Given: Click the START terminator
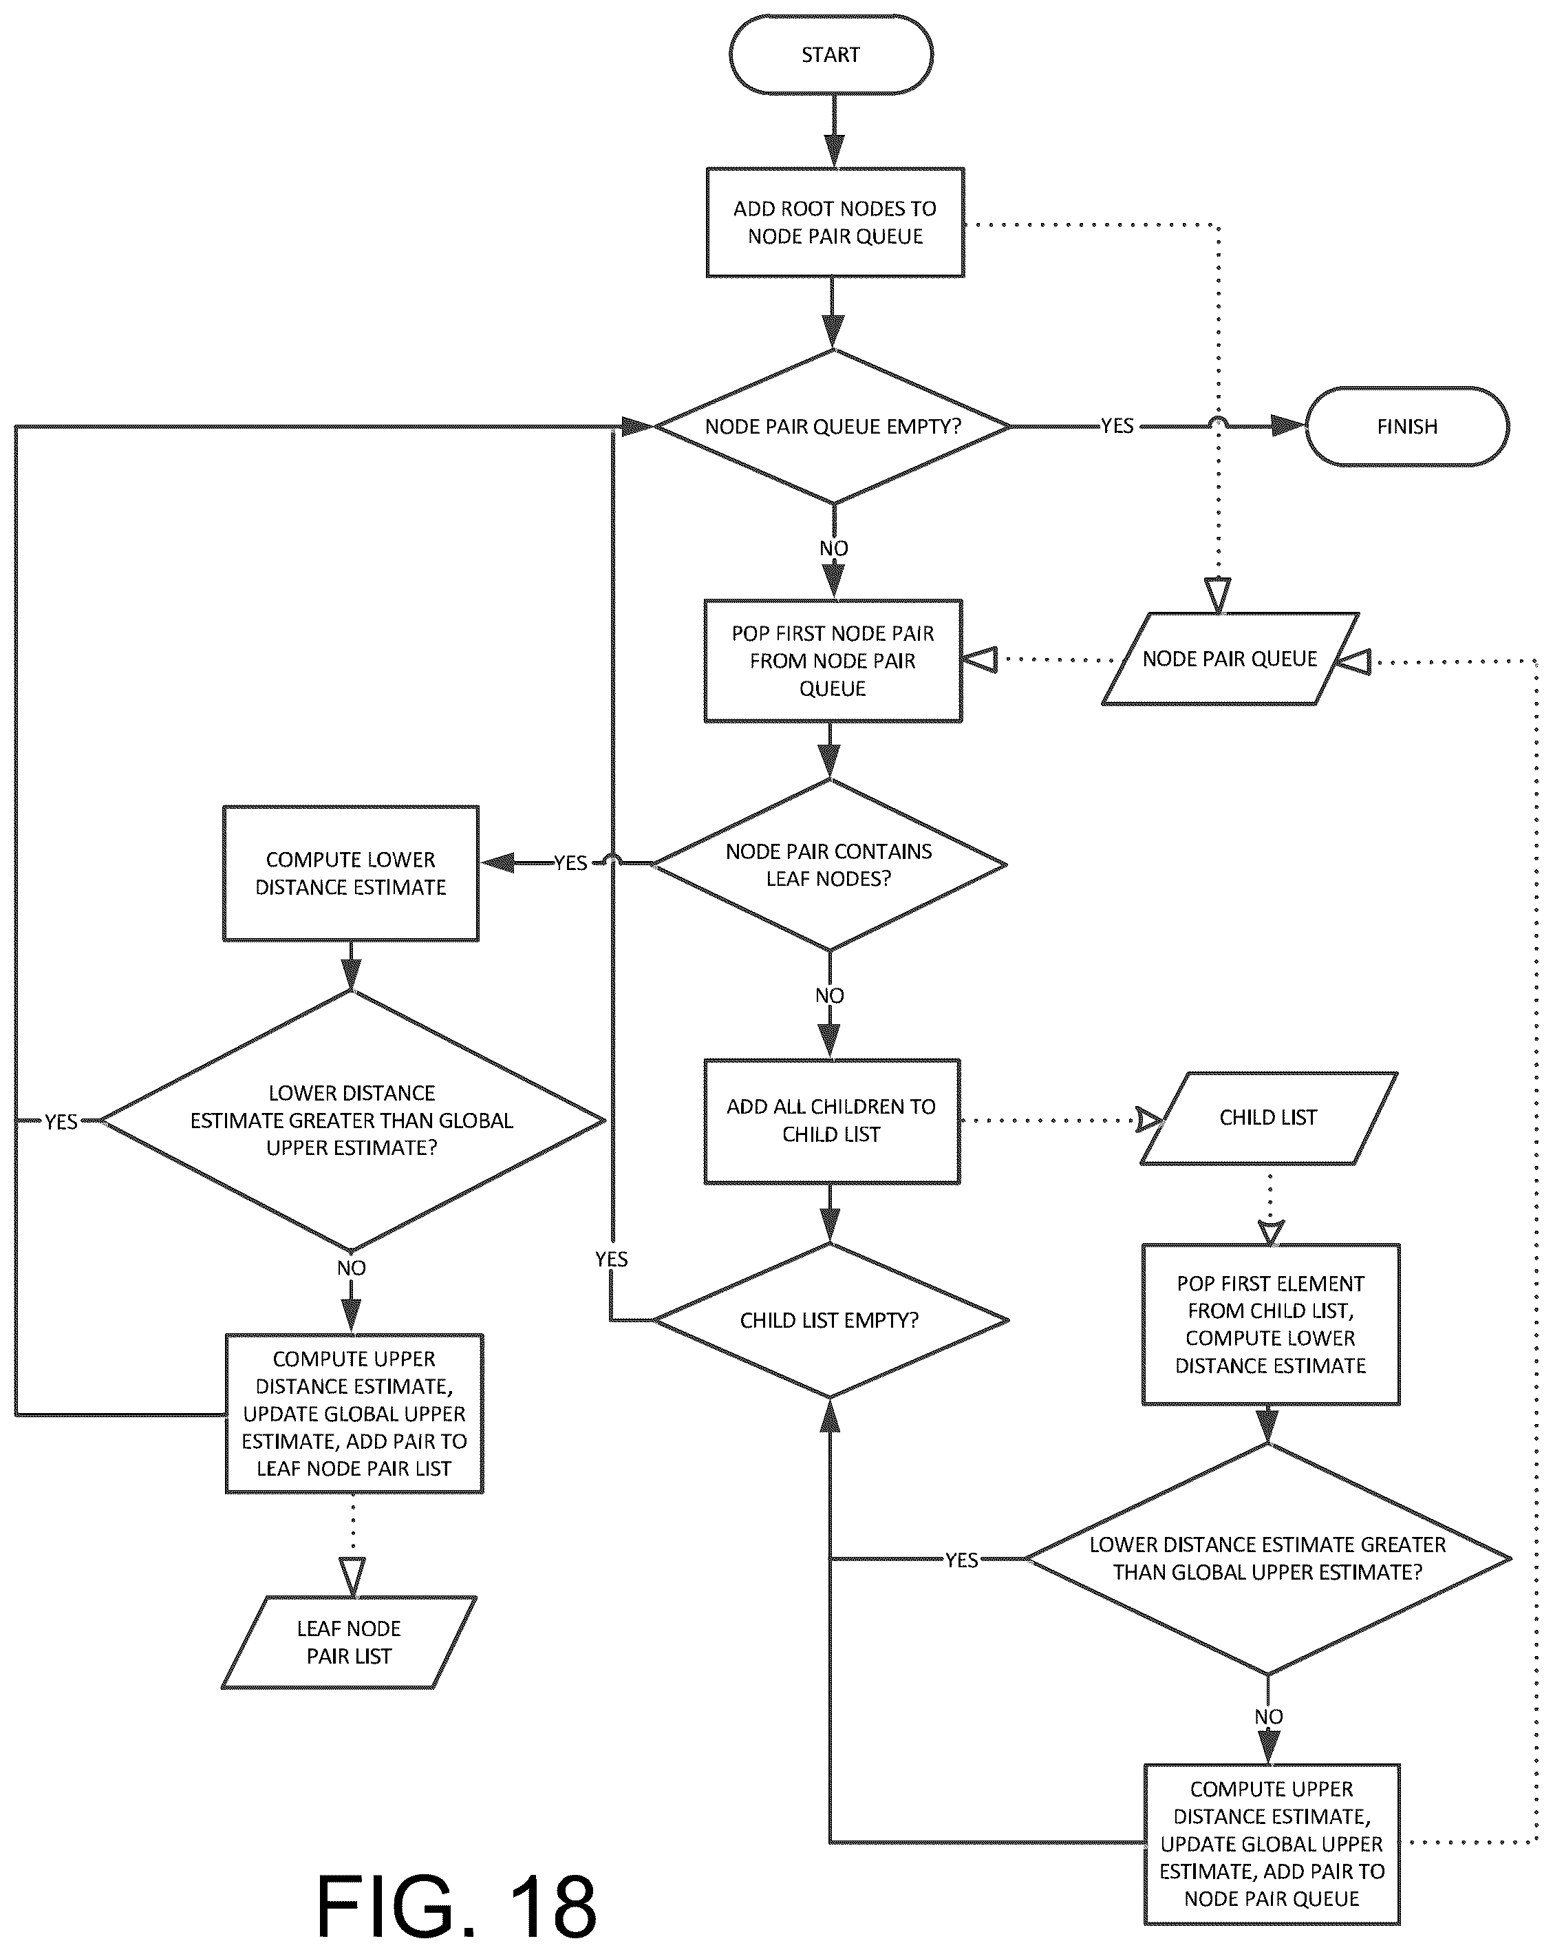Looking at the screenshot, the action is (831, 55).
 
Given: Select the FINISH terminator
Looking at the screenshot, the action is (1406, 427).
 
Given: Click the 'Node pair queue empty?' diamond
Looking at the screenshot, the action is (833, 427).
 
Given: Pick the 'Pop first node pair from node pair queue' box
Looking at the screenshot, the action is (833, 661).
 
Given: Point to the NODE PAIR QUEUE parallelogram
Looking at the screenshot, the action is (1230, 659).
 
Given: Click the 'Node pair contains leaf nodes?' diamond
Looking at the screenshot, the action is (829, 864).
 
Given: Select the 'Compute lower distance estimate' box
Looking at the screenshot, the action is (350, 873).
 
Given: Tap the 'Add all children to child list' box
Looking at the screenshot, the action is (831, 1121).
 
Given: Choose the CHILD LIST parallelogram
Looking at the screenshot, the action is (1268, 1118).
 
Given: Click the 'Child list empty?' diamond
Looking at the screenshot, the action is (830, 1320).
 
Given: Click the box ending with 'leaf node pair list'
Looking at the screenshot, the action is (354, 1414).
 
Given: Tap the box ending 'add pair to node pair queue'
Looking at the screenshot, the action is (1272, 1844).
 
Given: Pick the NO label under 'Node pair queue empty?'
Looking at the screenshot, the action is (833, 549).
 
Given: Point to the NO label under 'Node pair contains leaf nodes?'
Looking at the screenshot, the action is (829, 996).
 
